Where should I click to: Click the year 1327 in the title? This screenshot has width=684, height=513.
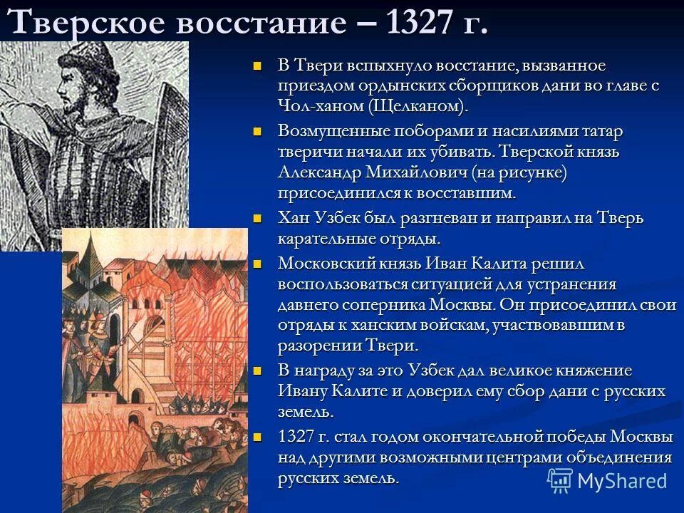point(421,23)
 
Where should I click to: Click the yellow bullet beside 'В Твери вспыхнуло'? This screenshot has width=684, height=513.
point(259,66)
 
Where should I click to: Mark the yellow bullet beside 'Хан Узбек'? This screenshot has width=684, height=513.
point(259,218)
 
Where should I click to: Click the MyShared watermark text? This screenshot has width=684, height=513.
point(622,480)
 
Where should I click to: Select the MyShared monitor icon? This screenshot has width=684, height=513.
point(560,480)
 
